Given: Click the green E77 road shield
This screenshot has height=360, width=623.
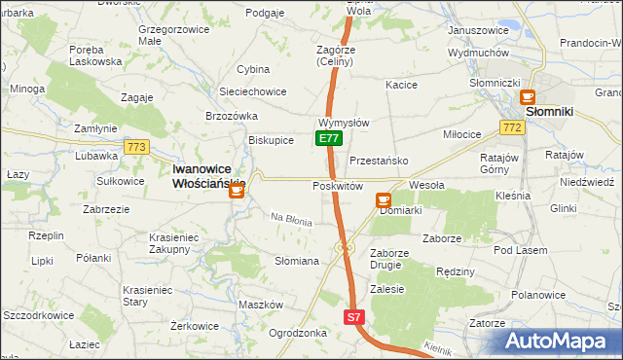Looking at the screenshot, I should [x=329, y=139].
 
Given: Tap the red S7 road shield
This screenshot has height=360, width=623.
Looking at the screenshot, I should [x=354, y=317].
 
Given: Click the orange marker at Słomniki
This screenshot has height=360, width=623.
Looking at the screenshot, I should [x=528, y=97].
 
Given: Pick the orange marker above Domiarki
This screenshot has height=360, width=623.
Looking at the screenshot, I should [x=383, y=199].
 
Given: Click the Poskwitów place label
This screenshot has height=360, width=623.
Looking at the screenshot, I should [x=338, y=186].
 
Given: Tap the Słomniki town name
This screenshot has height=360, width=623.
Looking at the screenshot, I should [x=554, y=112].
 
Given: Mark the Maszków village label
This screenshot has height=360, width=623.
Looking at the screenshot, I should [x=260, y=305].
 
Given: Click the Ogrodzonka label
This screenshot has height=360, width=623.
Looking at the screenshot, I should [x=297, y=332].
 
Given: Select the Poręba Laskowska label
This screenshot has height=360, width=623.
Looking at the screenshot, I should [x=95, y=54].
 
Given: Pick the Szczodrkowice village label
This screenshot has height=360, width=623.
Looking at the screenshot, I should [x=39, y=316].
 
